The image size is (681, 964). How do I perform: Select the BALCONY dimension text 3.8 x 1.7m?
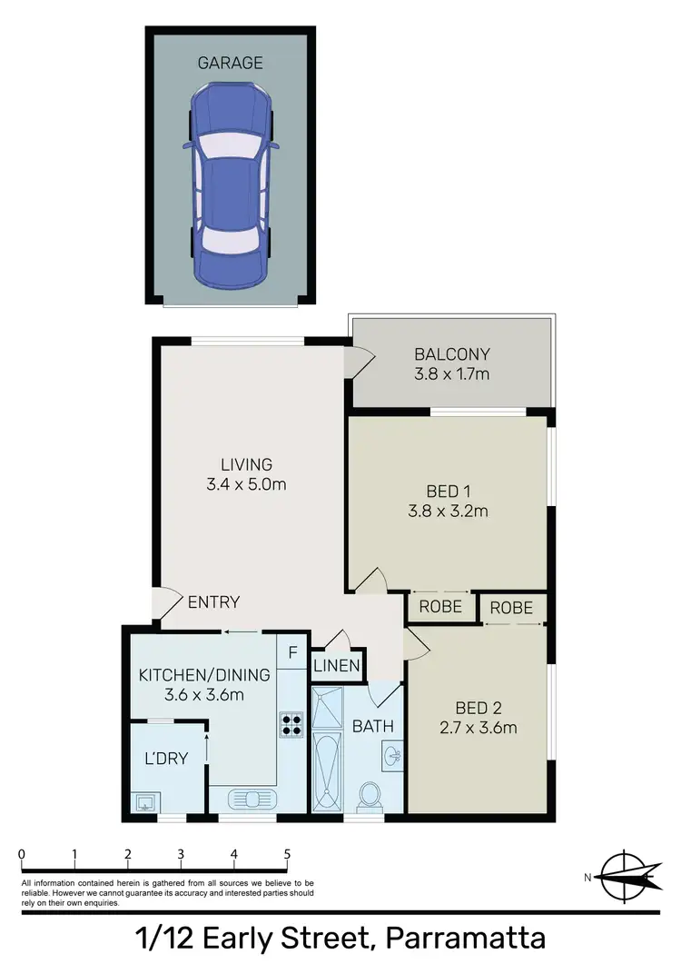(451, 373)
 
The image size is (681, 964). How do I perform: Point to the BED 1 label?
(448, 492)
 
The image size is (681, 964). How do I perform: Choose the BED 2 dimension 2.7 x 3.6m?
(477, 727)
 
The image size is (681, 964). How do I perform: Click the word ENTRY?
(213, 601)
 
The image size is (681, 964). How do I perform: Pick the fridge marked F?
(292, 651)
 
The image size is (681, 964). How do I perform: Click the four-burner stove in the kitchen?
(291, 723)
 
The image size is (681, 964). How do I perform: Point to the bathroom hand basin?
(393, 754)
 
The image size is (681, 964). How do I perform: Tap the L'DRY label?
(166, 757)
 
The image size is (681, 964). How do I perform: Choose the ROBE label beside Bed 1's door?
(440, 607)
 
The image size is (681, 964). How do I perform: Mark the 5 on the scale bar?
(287, 854)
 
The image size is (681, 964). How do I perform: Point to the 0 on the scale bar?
(21, 854)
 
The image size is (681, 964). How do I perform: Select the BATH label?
(372, 726)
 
